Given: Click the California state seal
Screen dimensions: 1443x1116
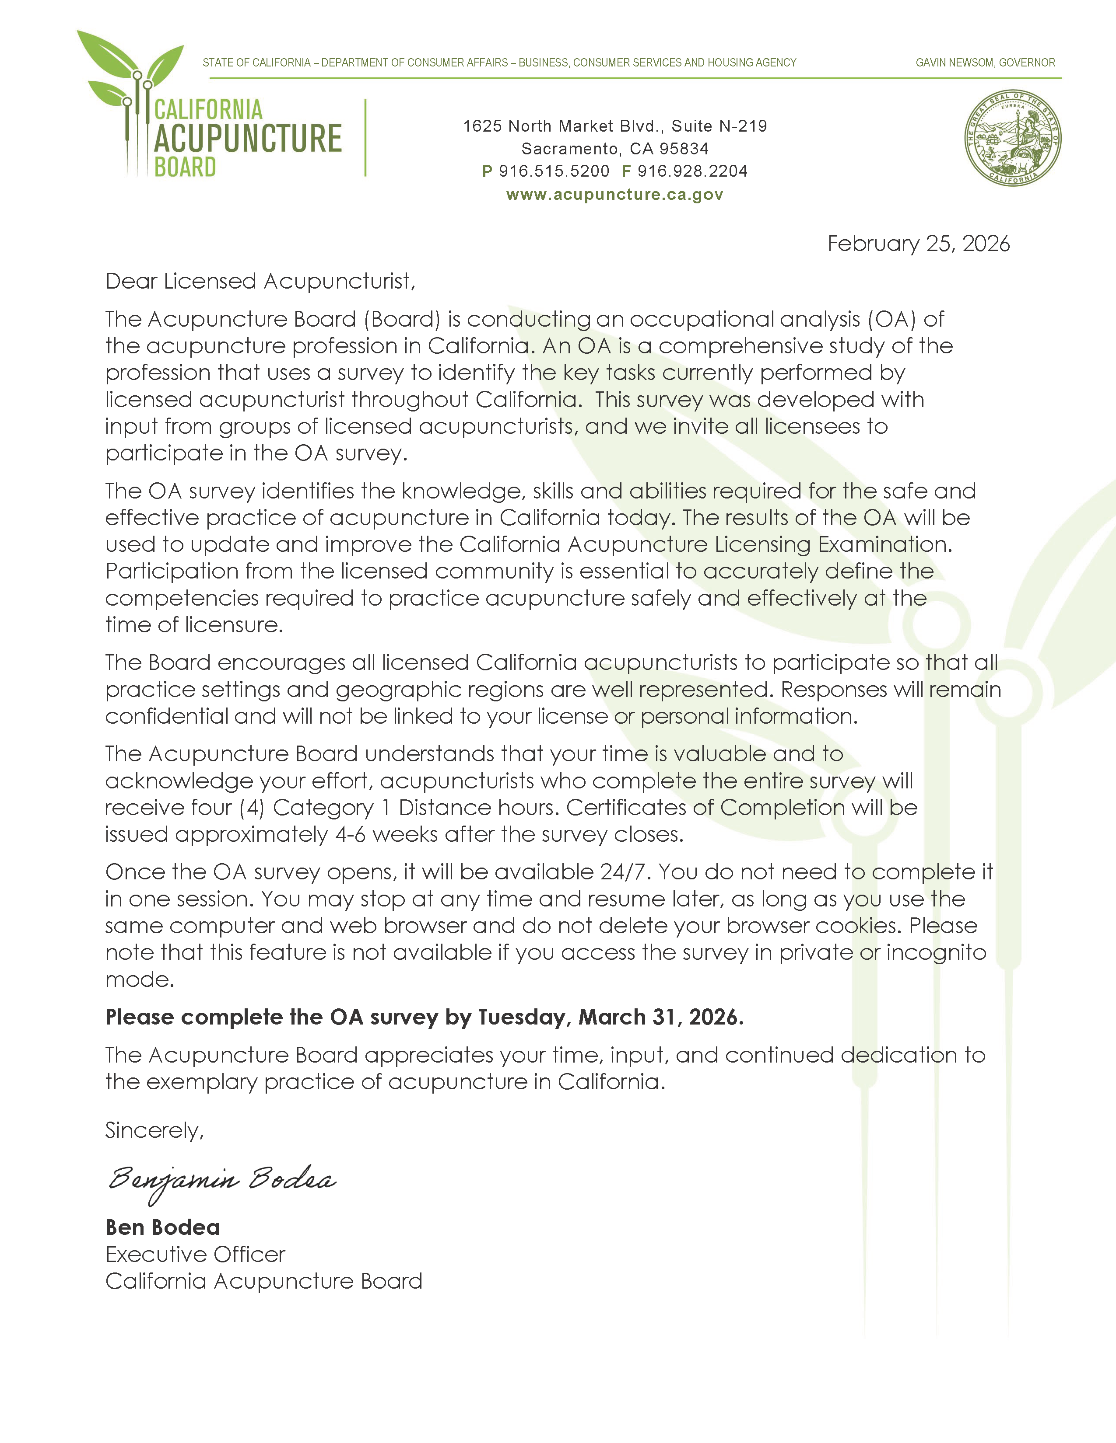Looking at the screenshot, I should coord(1012,138).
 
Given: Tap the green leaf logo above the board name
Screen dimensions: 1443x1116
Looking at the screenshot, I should coord(132,66).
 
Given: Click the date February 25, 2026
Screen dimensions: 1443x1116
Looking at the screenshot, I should coord(918,244).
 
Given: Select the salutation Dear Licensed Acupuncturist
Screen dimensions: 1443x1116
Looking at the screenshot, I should coord(260,282).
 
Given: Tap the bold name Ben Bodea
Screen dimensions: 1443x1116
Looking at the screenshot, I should coord(163,1227).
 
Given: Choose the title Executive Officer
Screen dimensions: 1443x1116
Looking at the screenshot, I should coord(195,1254).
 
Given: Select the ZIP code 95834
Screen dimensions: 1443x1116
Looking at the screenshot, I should coord(684,149).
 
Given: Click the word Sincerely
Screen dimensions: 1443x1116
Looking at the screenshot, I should coord(154,1130).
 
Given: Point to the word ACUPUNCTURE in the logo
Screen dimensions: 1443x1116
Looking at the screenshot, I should coord(248,138).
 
